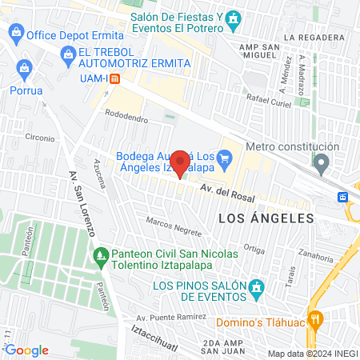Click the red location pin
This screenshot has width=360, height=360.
[181, 163]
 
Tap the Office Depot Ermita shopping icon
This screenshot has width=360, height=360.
[15, 34]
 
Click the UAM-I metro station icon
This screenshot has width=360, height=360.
[115, 78]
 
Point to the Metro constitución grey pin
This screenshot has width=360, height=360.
[322, 165]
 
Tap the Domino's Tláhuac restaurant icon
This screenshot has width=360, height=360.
[316, 318]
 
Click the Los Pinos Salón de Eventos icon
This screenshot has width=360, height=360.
[255, 287]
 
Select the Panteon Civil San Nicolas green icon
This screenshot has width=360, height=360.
[101, 257]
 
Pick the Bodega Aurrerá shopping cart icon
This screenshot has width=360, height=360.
[226, 157]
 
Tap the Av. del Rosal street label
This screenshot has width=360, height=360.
[227, 192]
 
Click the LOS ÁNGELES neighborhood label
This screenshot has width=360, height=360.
[265, 217]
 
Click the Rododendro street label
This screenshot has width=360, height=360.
[126, 118]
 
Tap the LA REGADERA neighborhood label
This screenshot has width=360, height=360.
[318, 37]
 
